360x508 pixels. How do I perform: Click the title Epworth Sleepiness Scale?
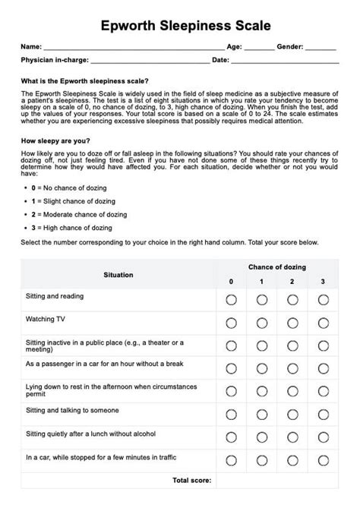pyautogui.click(x=180, y=27)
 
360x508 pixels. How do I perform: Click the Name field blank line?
pyautogui.click(x=133, y=48)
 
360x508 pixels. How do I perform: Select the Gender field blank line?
pyautogui.click(x=321, y=48)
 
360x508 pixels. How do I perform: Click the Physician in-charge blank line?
pyautogui.click(x=150, y=60)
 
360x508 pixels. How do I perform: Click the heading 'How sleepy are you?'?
pyautogui.click(x=55, y=140)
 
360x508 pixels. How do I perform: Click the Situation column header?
pyautogui.click(x=118, y=275)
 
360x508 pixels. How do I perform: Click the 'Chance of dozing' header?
pyautogui.click(x=276, y=267)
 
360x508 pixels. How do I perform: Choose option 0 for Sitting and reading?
pyautogui.click(x=232, y=300)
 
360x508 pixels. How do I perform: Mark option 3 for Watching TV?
pyautogui.click(x=323, y=323)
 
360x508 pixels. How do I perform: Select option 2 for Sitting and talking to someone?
pyautogui.click(x=292, y=415)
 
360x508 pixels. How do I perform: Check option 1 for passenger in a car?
pyautogui.click(x=262, y=368)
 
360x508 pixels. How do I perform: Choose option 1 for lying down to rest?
pyautogui.click(x=262, y=392)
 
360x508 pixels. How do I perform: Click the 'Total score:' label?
pyautogui.click(x=191, y=481)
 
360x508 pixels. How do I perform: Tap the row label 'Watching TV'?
pyautogui.click(x=45, y=319)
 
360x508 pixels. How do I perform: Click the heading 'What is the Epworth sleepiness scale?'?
pyautogui.click(x=85, y=80)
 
